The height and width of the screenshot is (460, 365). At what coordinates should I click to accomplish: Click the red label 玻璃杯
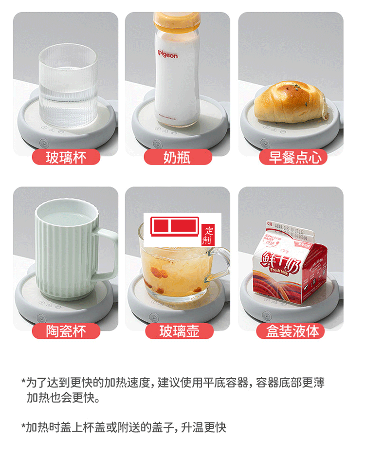point(66,157)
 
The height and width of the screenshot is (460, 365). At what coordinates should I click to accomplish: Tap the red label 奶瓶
point(178,157)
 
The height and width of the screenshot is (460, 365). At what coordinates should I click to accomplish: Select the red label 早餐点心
point(291,157)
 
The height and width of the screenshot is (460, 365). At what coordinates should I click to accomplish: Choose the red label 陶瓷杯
point(66,331)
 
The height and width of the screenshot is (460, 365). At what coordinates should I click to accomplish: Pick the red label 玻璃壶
point(179,331)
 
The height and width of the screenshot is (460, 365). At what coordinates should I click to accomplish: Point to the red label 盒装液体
point(291,331)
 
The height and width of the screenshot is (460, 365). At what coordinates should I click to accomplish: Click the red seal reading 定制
point(208,236)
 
